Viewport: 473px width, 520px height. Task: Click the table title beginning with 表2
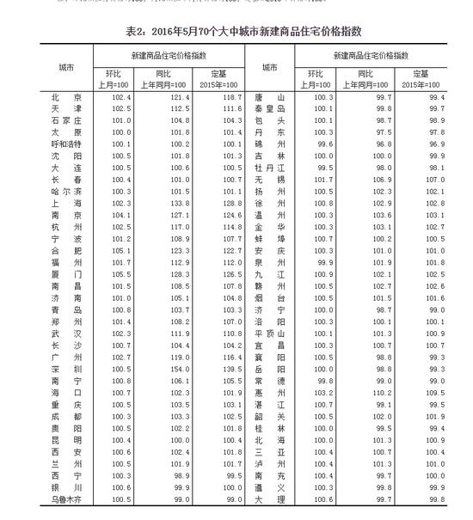[236, 31]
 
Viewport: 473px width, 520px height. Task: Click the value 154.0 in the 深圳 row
[177, 368]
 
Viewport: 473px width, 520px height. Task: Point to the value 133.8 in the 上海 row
[177, 201]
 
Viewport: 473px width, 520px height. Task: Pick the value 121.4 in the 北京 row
[177, 98]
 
